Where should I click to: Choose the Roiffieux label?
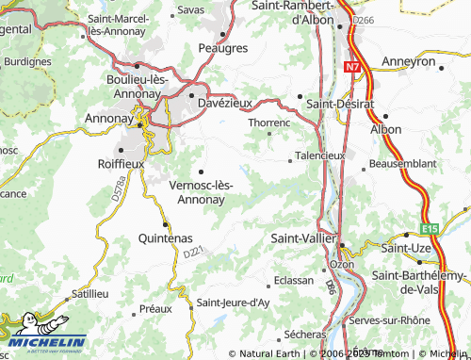click(x=119, y=162)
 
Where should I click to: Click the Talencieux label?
click(x=320, y=155)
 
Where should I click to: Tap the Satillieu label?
click(x=91, y=293)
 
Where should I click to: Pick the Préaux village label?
click(x=155, y=308)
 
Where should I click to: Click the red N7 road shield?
click(x=352, y=67)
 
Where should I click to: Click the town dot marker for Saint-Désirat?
click(x=300, y=96)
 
